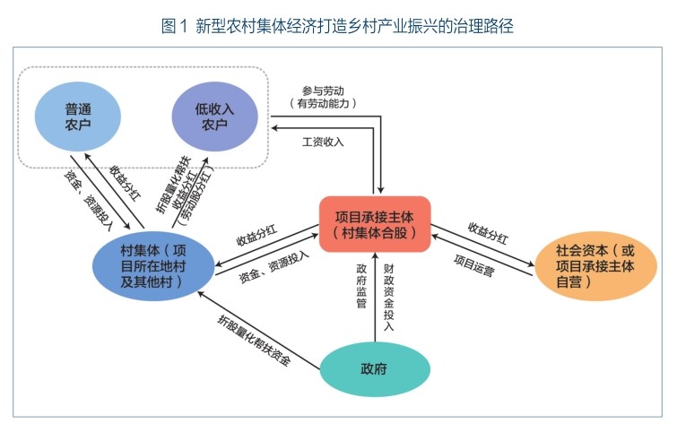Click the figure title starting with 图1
338,26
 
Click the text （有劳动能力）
324,103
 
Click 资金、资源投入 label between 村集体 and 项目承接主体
273,267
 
